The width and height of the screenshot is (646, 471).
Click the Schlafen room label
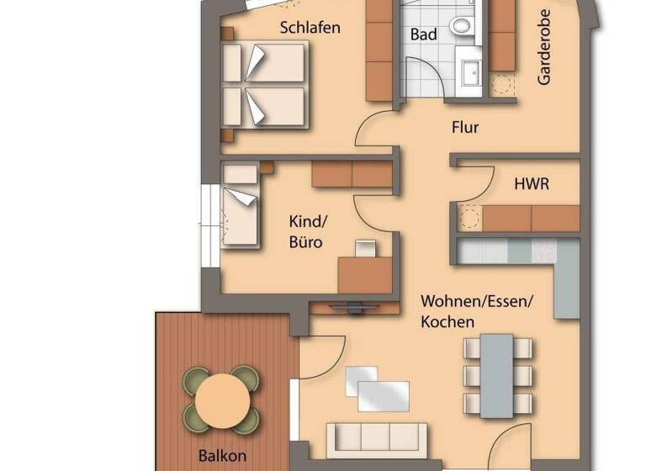[x=310, y=28]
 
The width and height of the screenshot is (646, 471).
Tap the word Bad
[x=423, y=34]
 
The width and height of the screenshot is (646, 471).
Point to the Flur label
[x=465, y=128]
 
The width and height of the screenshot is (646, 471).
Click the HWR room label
[x=531, y=183]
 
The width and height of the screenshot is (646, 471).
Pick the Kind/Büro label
[x=306, y=233]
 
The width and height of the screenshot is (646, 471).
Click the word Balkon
[x=223, y=457]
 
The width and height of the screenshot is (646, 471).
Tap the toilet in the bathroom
[x=461, y=26]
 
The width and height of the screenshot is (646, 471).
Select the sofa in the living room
[x=376, y=437]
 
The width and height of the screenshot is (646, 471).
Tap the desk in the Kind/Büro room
[x=365, y=273]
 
